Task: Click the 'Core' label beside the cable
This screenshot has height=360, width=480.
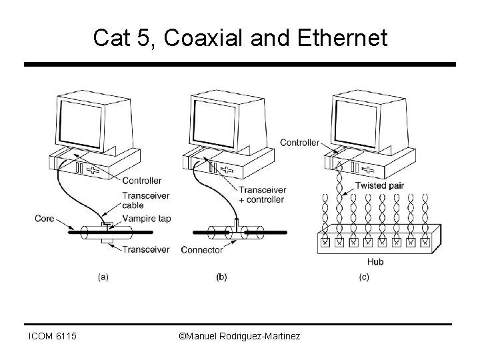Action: (45, 218)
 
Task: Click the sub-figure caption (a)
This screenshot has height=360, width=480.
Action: (103, 275)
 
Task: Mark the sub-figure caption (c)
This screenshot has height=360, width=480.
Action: (365, 275)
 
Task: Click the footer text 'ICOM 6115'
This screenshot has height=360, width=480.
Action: (51, 337)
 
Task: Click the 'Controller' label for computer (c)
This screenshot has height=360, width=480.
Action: (299, 142)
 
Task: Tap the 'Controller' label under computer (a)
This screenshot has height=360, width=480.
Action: (142, 180)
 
